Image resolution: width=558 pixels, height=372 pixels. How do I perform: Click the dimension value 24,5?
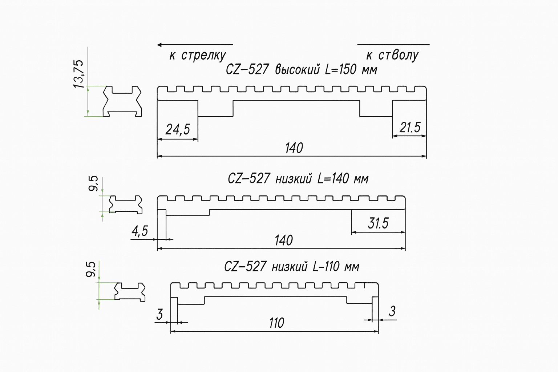178,130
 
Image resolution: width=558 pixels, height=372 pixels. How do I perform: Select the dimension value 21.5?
410,127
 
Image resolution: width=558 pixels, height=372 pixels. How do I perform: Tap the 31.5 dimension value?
378,223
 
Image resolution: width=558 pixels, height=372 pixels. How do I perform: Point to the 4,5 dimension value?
140,231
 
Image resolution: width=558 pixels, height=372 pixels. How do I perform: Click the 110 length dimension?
276,323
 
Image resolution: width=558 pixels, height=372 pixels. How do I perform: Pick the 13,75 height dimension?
79,74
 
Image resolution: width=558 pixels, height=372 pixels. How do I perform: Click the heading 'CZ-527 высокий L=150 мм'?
302,69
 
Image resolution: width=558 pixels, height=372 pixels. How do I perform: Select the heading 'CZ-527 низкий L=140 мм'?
298,179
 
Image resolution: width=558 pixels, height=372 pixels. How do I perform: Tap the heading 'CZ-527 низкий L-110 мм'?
292,267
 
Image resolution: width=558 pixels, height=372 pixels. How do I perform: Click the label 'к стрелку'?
198,55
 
